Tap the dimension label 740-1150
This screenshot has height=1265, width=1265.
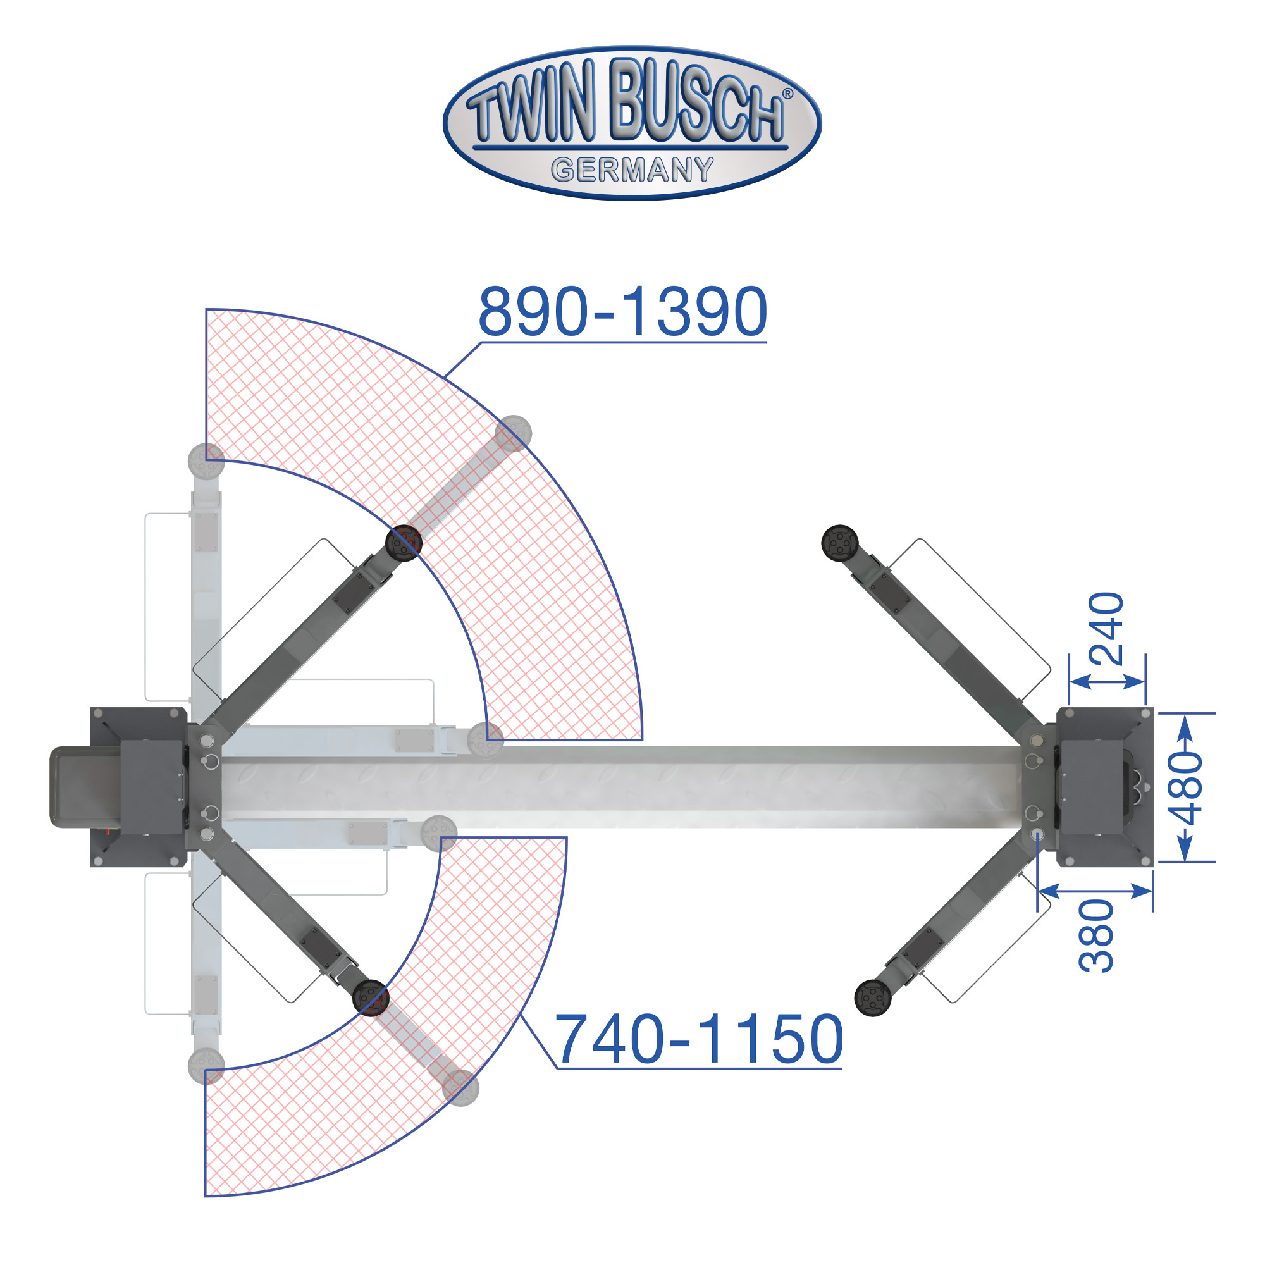tap(699, 1039)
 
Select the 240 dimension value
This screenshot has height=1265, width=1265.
tap(1106, 629)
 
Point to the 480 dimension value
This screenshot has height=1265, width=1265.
tap(1186, 788)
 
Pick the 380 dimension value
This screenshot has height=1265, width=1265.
tap(1096, 936)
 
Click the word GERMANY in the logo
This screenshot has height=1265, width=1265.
tap(632, 170)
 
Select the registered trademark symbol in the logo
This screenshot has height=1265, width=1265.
tap(787, 94)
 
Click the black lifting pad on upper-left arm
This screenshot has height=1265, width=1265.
tap(404, 543)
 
